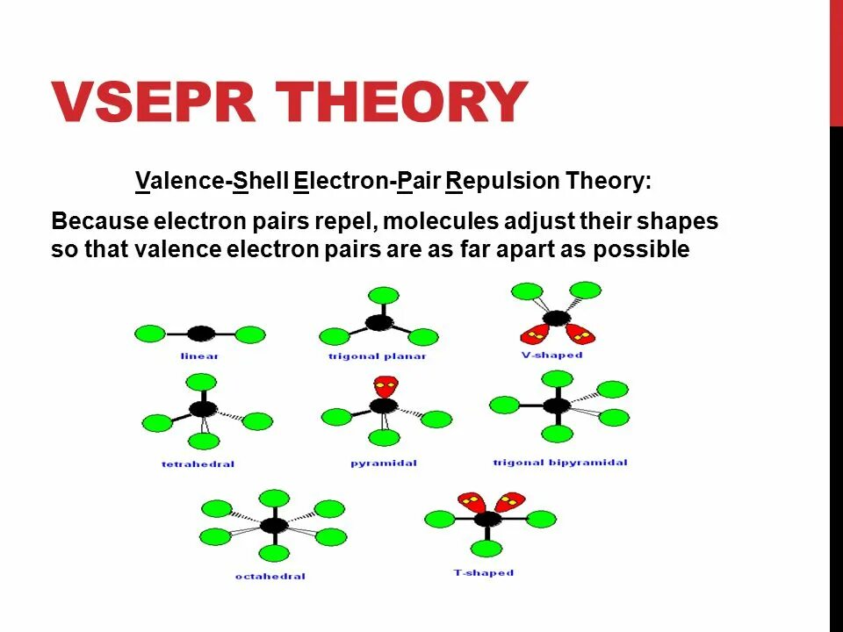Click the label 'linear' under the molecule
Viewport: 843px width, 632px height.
coord(199,356)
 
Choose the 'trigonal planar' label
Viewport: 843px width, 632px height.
coord(378,356)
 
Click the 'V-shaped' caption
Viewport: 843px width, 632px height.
coord(551,355)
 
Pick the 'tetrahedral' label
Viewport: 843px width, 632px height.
coord(198,463)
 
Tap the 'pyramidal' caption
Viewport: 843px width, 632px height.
coord(384,463)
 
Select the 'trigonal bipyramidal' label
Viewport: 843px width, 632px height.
coord(560,463)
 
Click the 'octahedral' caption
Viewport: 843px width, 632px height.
coord(270,577)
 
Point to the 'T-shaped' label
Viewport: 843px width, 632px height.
coord(484,573)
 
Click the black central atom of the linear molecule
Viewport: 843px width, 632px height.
coord(201,334)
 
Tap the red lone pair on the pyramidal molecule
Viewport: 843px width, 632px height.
coord(384,385)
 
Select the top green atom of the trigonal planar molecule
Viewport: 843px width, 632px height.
coord(383,294)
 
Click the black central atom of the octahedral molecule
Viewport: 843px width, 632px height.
coord(274,525)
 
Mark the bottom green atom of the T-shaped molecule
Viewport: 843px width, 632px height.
coord(486,549)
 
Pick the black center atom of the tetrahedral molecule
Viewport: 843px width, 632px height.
coord(203,409)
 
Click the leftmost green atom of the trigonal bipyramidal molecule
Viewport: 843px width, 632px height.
coord(504,405)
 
